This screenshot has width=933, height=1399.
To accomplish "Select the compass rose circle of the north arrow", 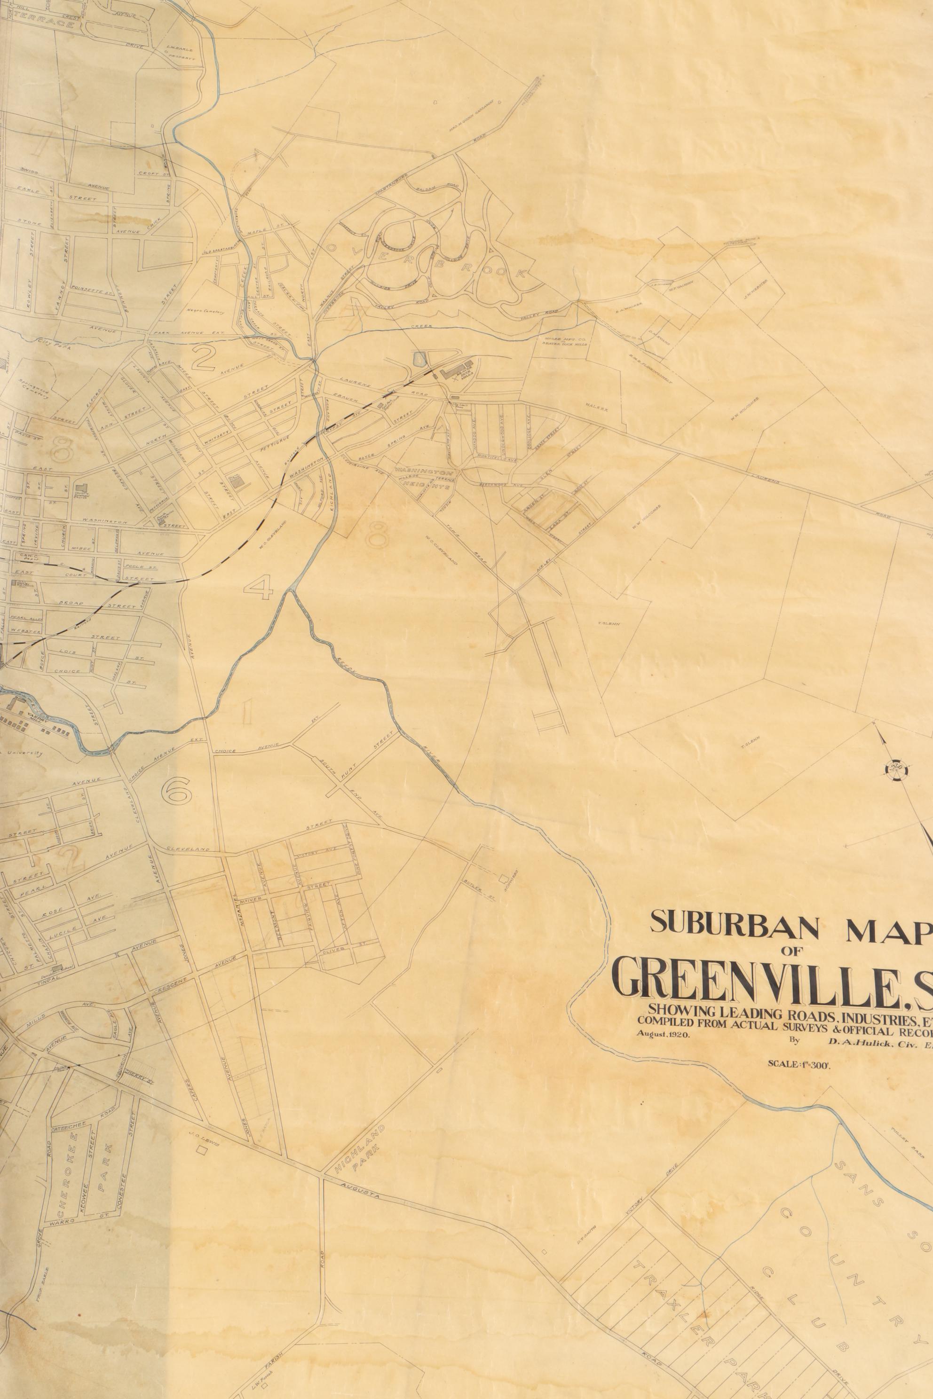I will point(897,771).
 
